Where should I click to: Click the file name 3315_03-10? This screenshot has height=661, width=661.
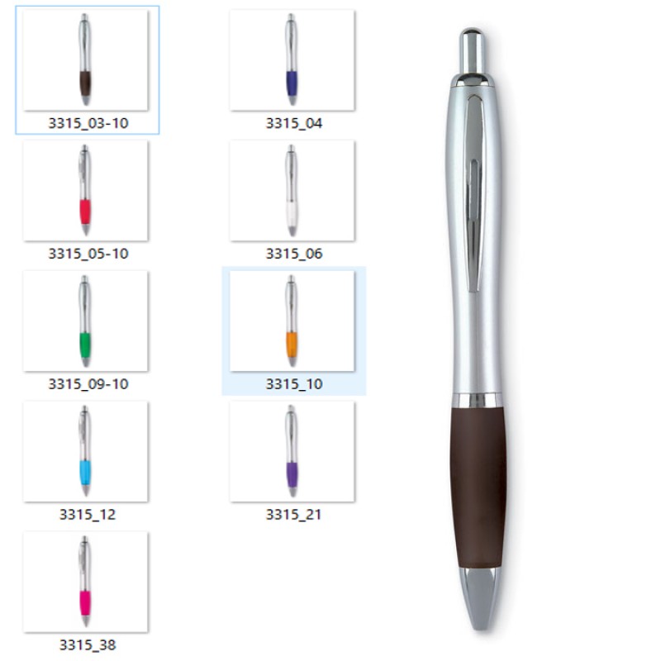[x=88, y=123]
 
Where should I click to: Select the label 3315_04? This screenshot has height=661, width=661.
[x=294, y=123]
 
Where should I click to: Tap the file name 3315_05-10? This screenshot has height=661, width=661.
[x=88, y=254]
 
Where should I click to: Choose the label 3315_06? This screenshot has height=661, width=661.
[x=294, y=254]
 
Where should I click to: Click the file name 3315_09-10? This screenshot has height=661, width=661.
[x=88, y=384]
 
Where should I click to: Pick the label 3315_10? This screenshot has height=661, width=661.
[x=294, y=384]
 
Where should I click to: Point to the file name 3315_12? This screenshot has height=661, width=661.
[x=88, y=514]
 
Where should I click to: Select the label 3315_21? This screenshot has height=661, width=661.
[x=293, y=514]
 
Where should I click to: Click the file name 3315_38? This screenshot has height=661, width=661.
[x=88, y=645]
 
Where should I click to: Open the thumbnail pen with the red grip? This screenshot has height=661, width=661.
[x=85, y=190]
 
